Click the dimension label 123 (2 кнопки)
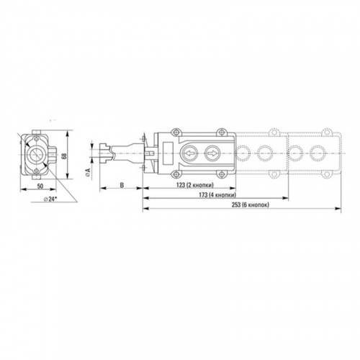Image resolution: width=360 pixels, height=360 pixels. pyautogui.click(x=194, y=185)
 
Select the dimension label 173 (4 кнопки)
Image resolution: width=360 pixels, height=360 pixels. pyautogui.click(x=217, y=195)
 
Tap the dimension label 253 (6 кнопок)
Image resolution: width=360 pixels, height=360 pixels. pyautogui.click(x=251, y=204)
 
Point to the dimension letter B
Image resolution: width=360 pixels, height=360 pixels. pyautogui.click(x=122, y=185)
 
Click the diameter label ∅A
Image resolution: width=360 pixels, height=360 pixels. pyautogui.click(x=88, y=173)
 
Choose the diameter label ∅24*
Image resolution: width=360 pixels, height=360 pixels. pyautogui.click(x=50, y=199)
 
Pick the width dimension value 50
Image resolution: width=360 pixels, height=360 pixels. pyautogui.click(x=40, y=186)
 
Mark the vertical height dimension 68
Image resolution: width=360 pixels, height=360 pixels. pyautogui.click(x=64, y=156)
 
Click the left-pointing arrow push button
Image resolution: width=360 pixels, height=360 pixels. pyautogui.click(x=189, y=153)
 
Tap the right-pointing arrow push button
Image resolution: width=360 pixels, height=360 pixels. pyautogui.click(x=212, y=153)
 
